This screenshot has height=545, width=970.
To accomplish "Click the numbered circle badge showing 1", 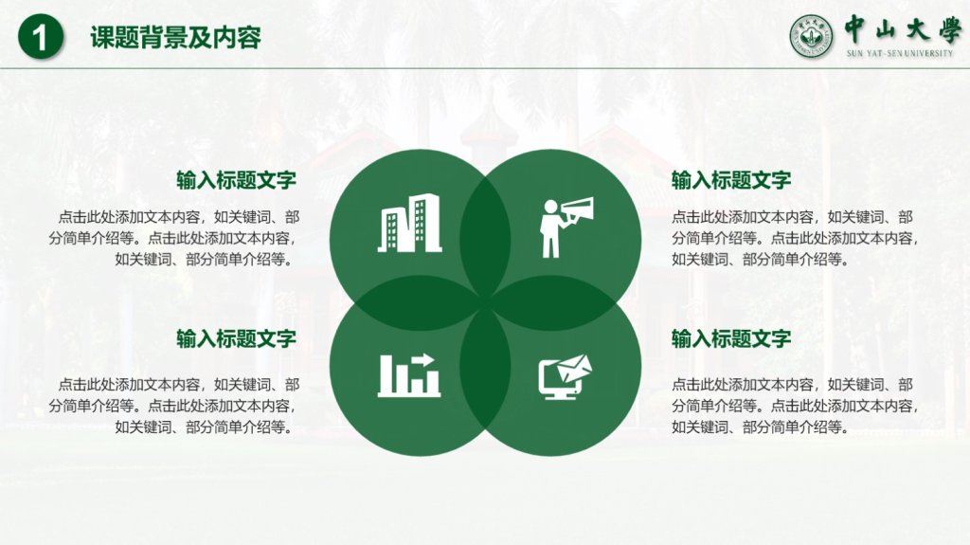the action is (41, 37).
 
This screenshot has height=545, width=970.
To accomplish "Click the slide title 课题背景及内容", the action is (175, 37).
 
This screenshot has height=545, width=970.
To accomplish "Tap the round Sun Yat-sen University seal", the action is (811, 37).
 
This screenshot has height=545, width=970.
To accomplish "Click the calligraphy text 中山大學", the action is (903, 29).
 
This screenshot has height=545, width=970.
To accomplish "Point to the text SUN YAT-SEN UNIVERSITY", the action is (900, 53).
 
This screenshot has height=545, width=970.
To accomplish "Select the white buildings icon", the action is (409, 223).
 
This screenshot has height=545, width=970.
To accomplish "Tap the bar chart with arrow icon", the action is (409, 374).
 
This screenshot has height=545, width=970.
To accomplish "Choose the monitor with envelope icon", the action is (565, 377).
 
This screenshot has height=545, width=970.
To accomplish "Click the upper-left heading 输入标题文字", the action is (236, 180).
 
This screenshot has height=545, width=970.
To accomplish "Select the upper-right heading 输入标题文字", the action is (731, 180).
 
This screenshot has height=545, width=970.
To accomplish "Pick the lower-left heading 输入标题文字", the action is (236, 338).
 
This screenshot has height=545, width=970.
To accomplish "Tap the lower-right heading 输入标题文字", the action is (731, 338).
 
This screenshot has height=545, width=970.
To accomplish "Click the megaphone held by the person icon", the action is (577, 209).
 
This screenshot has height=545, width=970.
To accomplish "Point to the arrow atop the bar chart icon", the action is (423, 359).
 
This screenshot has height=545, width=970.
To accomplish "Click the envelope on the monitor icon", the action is (575, 368).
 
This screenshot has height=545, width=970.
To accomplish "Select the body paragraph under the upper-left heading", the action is (174, 239).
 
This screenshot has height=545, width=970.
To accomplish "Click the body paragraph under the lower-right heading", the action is (795, 406).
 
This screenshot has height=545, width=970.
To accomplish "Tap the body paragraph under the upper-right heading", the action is (795, 239).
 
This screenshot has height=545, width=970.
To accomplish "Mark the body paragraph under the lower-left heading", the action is (174, 406).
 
